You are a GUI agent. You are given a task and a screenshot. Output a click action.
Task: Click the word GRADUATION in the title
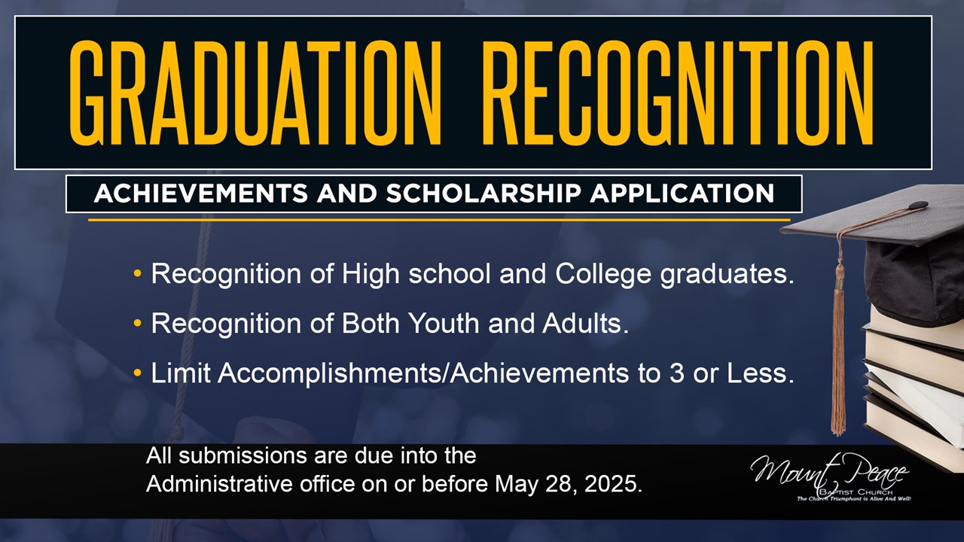tap(255, 94)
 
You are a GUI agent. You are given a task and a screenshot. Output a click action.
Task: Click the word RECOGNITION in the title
tap(679, 94)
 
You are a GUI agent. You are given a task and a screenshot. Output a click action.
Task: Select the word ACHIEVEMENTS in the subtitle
tap(201, 193)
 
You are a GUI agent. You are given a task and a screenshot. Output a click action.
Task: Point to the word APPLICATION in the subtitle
tap(682, 193)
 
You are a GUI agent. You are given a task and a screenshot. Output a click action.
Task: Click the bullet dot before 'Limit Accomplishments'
tap(137, 373)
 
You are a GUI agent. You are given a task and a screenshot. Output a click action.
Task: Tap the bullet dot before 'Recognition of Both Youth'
tap(137, 323)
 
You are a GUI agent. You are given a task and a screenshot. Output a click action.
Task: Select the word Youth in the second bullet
tap(444, 323)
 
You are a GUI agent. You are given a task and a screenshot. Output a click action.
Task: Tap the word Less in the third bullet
tap(761, 373)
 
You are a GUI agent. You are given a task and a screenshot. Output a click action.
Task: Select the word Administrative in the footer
tap(219, 484)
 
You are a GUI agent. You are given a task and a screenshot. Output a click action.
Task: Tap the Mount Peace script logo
tap(830, 477)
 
